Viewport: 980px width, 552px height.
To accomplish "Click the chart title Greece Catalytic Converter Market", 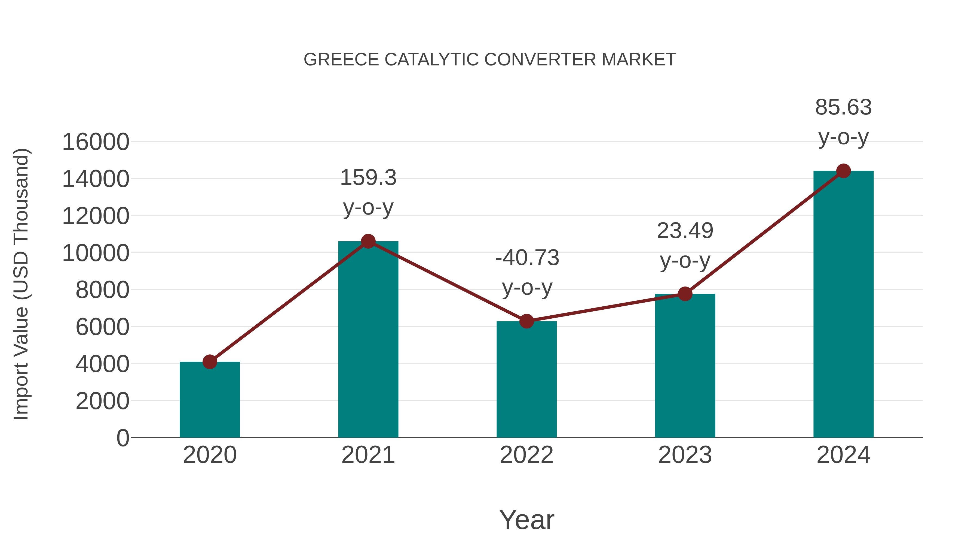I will coord(490,60).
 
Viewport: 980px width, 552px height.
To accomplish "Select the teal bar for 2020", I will coord(210,400).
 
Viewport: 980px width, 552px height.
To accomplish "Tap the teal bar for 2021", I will coord(368,339).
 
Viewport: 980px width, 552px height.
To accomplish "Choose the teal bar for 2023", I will coord(685,366).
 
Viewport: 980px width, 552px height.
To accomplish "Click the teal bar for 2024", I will coord(843,305).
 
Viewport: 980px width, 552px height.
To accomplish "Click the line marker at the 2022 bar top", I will coord(526,321).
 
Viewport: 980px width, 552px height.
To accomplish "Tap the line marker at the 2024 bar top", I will coord(843,171).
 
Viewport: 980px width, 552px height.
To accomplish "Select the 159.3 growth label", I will coord(368,178).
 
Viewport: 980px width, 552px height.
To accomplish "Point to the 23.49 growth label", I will coord(685,231).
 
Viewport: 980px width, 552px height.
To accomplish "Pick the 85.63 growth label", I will coord(843,107).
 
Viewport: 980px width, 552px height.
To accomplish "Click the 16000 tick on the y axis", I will coord(96,142).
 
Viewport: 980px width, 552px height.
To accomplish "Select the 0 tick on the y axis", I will coord(122,438).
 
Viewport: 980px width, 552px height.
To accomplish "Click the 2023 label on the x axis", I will coord(685,455).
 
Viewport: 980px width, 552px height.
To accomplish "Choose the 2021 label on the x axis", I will coord(368,455).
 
